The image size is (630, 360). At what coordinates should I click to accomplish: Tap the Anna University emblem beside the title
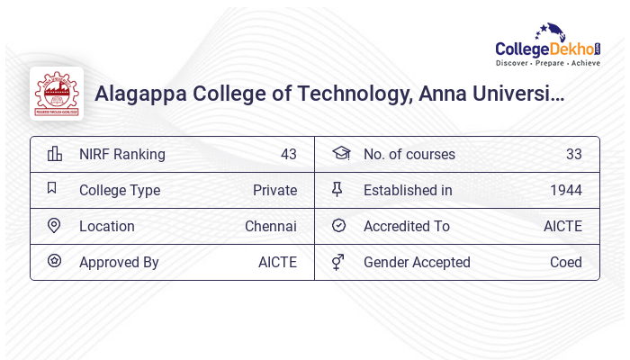coord(57,94)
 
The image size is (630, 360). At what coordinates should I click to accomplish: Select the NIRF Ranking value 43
coord(289,154)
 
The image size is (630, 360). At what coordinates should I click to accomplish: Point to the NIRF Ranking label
coord(122,154)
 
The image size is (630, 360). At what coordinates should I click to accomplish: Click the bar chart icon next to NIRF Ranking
coord(55,154)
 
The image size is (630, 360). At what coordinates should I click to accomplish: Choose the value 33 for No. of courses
coord(574,154)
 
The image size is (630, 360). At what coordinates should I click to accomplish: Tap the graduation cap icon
coord(340,154)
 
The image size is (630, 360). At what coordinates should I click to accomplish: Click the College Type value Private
coord(274,190)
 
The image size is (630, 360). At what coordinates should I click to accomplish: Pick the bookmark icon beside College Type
coord(52,189)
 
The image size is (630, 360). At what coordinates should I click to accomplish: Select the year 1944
coord(566,190)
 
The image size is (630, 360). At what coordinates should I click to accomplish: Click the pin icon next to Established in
coord(337,190)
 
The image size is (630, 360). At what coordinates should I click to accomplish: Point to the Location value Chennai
coord(271,226)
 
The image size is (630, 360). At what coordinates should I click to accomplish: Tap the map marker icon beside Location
coord(54,226)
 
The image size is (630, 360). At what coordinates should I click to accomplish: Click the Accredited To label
coord(407,226)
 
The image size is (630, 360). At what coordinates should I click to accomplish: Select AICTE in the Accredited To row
coord(562,226)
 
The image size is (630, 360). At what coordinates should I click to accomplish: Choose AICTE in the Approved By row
coord(277,262)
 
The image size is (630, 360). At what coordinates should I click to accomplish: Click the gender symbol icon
coord(337,262)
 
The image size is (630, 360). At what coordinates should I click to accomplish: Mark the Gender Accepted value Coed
coord(566,262)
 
